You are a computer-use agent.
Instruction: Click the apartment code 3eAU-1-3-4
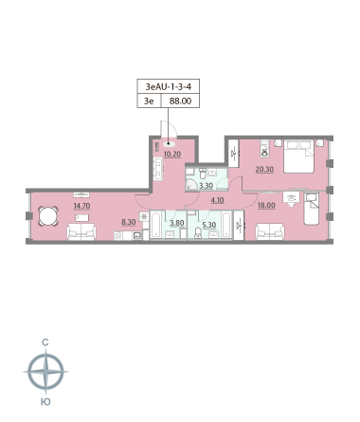(x=168, y=86)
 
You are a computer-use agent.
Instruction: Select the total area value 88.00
(x=180, y=101)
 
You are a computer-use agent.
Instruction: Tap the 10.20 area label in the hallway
(x=172, y=155)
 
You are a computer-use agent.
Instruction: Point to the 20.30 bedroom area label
(x=264, y=169)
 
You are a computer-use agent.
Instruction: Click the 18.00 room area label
(x=266, y=205)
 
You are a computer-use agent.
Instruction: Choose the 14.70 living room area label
(x=81, y=206)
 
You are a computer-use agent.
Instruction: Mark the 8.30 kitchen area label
(x=129, y=222)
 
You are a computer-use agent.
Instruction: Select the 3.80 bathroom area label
(x=176, y=223)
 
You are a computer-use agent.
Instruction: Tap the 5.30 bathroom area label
(x=209, y=225)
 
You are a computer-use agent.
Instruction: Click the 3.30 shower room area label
(x=206, y=186)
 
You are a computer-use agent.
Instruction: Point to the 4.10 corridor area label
(x=217, y=200)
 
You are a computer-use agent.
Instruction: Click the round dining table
(x=48, y=216)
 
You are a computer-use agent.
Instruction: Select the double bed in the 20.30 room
(x=298, y=156)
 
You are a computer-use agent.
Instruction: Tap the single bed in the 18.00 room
(x=312, y=209)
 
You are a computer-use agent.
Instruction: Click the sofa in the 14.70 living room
(x=81, y=231)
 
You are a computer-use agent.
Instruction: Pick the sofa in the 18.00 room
(x=270, y=231)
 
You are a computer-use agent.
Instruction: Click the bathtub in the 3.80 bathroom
(x=156, y=225)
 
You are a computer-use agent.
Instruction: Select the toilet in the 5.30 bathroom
(x=198, y=233)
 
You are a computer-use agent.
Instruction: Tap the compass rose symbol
(x=46, y=372)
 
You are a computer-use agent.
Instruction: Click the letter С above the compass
(x=45, y=342)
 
